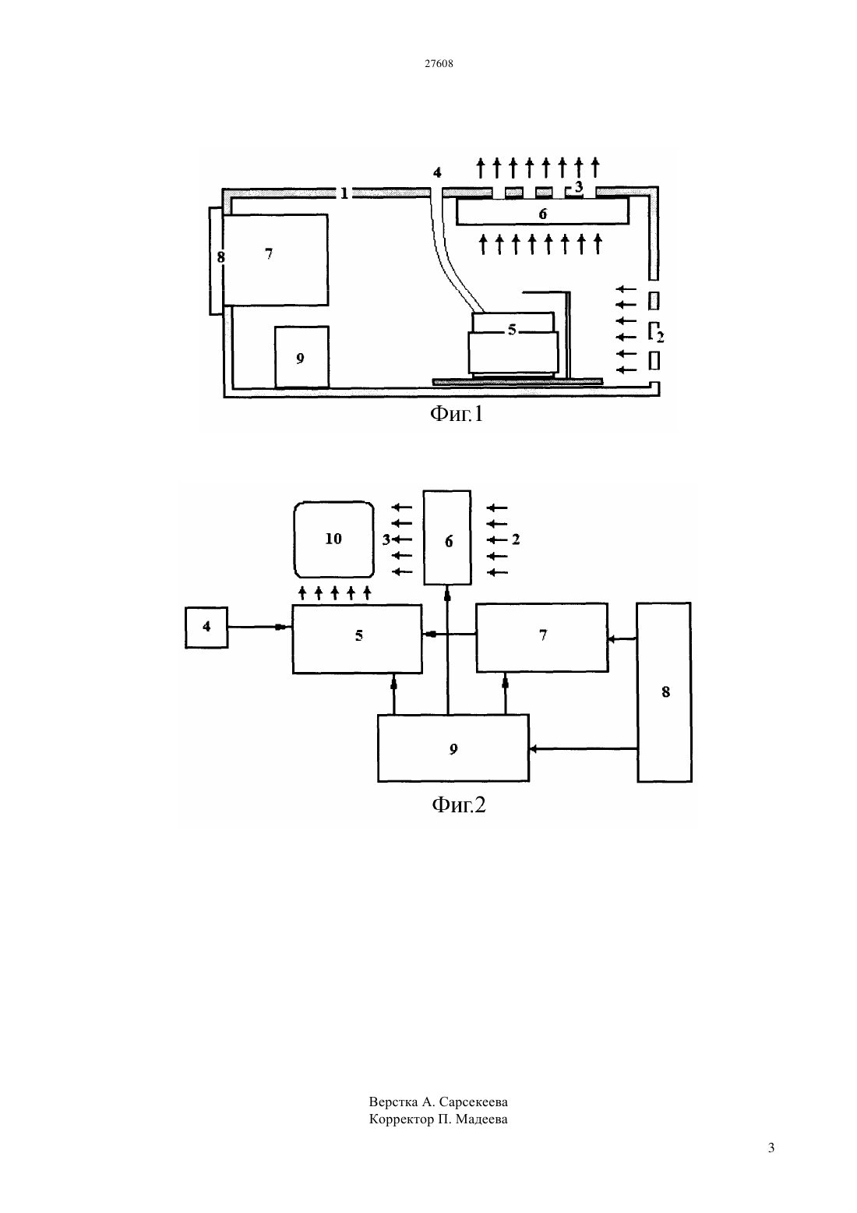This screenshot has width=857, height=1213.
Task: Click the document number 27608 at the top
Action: pos(439,63)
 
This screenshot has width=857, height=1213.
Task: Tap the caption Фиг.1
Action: pos(456,414)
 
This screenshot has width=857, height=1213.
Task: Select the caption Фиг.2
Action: pos(459,805)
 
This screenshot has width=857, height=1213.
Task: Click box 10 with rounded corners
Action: pos(333,539)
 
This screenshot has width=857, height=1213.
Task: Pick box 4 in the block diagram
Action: pos(206,627)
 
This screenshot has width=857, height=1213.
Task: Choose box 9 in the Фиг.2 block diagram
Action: pos(453,748)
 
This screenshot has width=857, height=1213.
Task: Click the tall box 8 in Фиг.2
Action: pos(664,692)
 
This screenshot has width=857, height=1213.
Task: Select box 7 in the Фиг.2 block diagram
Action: pos(542,638)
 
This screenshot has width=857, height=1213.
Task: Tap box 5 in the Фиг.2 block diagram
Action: pos(357,639)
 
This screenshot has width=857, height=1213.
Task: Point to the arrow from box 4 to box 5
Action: pos(259,627)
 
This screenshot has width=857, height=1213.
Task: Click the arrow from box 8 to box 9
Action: pos(584,749)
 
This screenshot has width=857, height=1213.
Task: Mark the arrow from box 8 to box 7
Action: pos(622,639)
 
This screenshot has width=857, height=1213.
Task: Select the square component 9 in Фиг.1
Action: pos(302,357)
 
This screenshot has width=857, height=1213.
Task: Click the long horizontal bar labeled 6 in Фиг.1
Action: pos(543,211)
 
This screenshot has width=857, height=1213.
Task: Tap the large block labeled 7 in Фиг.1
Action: pos(275,260)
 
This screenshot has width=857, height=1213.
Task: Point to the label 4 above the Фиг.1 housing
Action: pos(437,172)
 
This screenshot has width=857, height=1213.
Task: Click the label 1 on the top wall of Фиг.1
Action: pos(344,193)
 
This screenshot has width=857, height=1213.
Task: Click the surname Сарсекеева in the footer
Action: pos(474,1102)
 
